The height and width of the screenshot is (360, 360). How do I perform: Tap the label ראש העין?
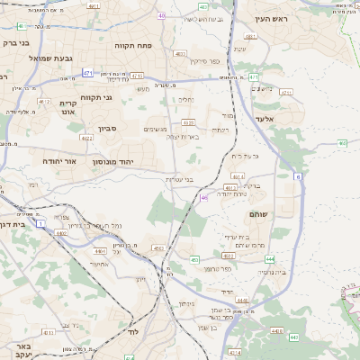tap(269, 19)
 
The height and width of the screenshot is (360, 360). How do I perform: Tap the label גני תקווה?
tap(95, 97)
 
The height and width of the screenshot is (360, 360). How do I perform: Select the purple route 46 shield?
tap(205, 196)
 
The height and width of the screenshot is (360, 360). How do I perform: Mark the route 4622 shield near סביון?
tap(85, 138)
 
